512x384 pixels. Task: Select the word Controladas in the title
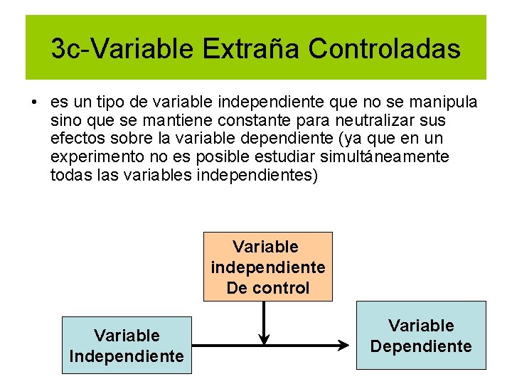pos(384,49)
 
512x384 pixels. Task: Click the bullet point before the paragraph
pos(34,102)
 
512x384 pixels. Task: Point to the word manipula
pos(449,102)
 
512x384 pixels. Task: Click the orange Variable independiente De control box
pos(268,267)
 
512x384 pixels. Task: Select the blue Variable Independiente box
pos(127,346)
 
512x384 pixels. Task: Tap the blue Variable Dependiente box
pos(421,336)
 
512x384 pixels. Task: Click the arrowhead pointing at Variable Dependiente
pos(344,346)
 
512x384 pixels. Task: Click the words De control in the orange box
pos(268,288)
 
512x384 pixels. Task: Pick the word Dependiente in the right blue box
pos(421,346)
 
